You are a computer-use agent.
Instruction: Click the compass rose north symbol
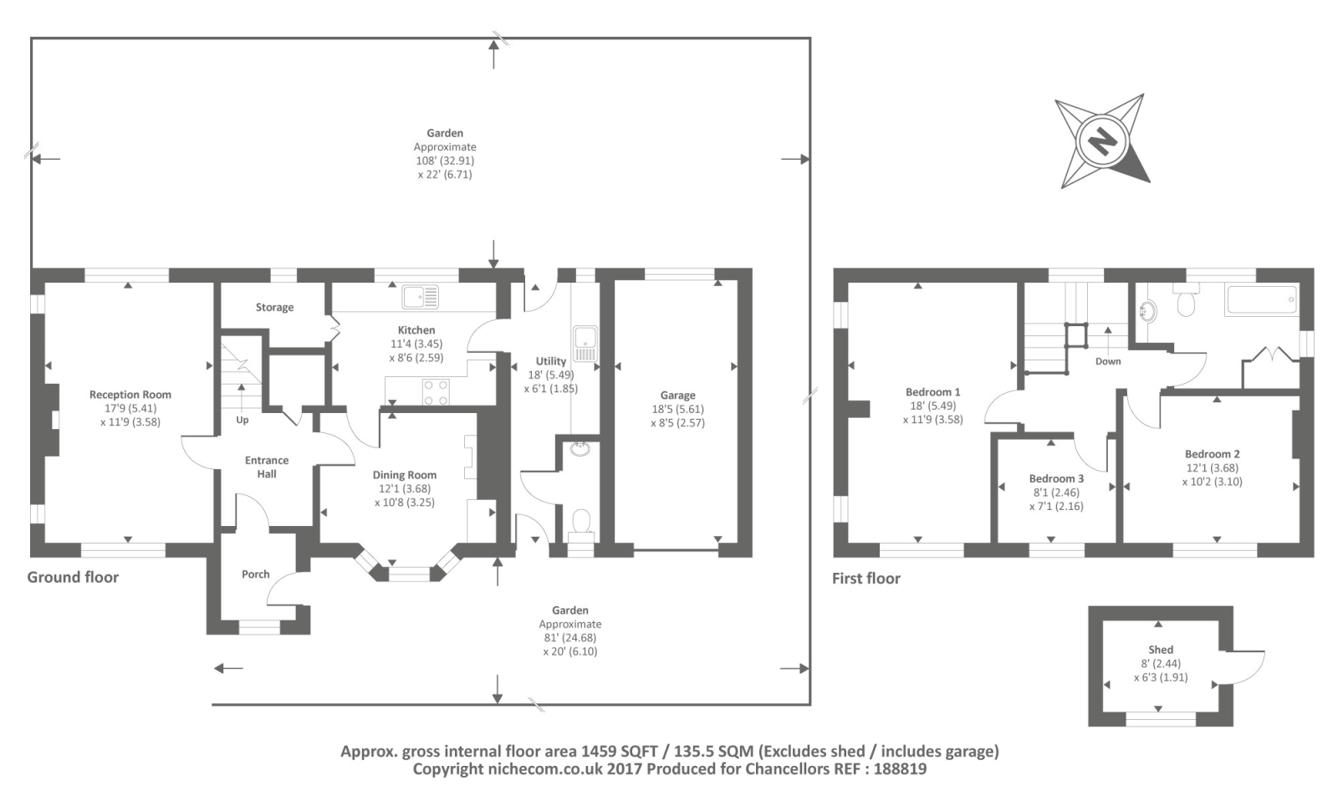1102,141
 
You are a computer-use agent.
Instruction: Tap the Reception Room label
130,395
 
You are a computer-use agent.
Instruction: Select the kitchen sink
421,297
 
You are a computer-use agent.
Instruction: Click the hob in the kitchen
436,392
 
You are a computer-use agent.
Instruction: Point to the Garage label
677,396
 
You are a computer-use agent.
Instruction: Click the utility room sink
585,344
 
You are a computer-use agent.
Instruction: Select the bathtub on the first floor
1262,300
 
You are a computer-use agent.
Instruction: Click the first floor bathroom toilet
1186,300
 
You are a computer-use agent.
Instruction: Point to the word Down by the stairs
1108,361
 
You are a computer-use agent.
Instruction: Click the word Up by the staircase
242,420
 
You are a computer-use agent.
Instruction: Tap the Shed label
1161,650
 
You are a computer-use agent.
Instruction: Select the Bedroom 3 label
1056,479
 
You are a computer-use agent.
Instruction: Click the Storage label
275,308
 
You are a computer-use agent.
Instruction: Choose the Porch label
256,574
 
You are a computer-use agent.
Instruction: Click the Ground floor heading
73,577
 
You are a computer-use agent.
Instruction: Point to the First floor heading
866,578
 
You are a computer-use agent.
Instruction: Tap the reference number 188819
900,768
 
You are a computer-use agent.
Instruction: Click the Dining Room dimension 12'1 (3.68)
405,488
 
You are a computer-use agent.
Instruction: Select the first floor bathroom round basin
1147,310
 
